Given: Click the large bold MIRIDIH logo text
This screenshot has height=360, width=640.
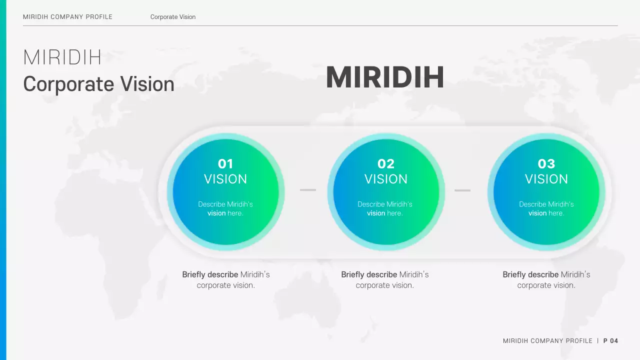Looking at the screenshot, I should (384, 78).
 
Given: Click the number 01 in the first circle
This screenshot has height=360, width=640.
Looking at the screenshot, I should (225, 164).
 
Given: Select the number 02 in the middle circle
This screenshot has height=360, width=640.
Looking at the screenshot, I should (385, 164).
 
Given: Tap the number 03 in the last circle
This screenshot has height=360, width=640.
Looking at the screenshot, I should (546, 164).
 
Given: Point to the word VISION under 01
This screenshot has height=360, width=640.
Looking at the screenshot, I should (225, 179).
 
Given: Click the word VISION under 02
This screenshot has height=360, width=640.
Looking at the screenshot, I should (385, 179).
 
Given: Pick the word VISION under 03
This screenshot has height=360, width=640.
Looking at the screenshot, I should (546, 179).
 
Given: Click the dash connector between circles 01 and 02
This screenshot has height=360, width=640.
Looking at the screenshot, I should (308, 190).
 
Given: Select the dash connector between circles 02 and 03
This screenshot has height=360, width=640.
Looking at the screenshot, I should (462, 190).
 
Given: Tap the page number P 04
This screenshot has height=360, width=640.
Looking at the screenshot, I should (610, 341).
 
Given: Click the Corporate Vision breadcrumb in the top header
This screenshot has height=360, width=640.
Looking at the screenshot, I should (173, 17).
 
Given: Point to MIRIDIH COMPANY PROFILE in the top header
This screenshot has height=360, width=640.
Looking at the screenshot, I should (67, 17).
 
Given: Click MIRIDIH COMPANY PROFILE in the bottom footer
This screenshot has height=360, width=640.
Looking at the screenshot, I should (547, 341).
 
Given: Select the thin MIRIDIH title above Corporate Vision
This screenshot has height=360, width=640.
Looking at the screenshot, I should (62, 58).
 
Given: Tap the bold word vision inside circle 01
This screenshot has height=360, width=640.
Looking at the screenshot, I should (216, 213).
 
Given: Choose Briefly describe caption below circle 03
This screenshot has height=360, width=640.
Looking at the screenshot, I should (530, 274).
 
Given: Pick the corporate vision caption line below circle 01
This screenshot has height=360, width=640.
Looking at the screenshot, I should (226, 285).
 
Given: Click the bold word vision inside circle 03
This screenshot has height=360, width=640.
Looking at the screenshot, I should (537, 213).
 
